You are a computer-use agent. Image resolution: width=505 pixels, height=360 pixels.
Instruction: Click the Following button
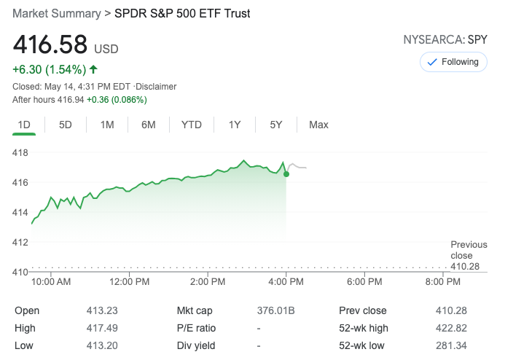[453, 62]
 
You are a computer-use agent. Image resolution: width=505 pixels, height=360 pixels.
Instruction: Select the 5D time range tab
[66, 125]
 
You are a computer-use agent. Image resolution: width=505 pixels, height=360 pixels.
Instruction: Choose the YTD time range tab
[191, 125]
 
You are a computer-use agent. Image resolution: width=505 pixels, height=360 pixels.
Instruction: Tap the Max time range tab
[318, 125]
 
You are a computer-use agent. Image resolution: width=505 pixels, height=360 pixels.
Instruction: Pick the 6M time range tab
[149, 125]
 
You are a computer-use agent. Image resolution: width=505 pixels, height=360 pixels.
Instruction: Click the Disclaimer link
[155, 87]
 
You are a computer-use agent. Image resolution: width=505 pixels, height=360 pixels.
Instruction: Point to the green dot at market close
[286, 173]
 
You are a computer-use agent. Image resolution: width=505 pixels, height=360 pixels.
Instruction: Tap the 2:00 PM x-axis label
[208, 281]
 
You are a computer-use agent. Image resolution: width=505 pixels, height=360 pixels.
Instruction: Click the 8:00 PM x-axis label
[442, 281]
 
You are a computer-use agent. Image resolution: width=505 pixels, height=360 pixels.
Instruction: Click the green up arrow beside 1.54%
[93, 70]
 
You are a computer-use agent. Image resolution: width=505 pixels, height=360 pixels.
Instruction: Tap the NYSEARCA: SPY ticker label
[445, 39]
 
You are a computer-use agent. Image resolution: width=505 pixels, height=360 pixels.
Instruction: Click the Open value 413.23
[102, 310]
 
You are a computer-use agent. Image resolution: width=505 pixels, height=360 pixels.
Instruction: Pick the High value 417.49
[102, 328]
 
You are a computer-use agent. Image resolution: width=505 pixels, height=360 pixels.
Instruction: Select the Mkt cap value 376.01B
[275, 310]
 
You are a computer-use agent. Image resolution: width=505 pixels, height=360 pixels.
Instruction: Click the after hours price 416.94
[71, 99]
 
